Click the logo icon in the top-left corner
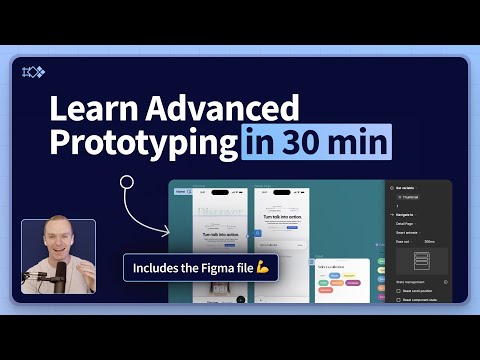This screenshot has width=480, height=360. tap(34, 71)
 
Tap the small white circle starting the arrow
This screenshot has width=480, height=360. tap(126, 183)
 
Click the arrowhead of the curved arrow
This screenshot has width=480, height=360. tap(164, 229)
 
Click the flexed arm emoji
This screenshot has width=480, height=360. tap(263, 269)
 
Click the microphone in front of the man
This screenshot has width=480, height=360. tap(61, 275)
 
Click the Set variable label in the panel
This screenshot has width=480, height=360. tap(406, 188)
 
